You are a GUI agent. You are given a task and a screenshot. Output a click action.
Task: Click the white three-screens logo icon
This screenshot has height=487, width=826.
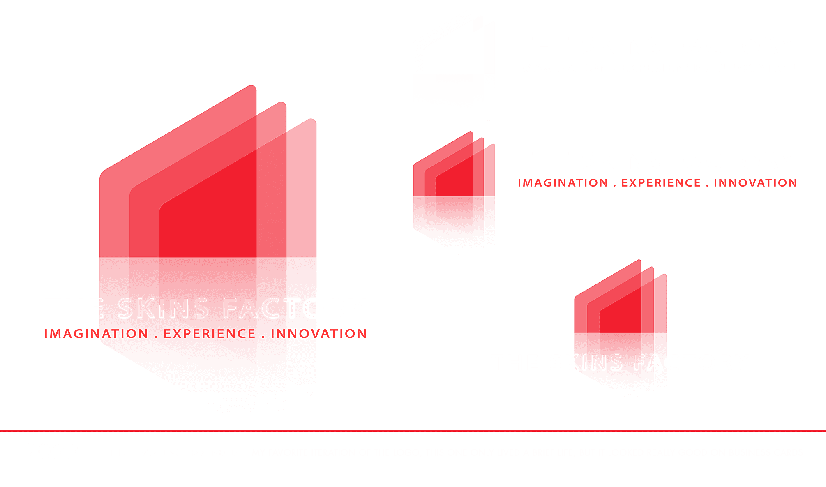click(x=454, y=68)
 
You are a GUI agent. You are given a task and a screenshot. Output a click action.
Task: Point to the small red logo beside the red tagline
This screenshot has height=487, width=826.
click(x=454, y=189)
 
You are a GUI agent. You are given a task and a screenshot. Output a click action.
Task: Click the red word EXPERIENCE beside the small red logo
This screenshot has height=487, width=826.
click(x=661, y=183)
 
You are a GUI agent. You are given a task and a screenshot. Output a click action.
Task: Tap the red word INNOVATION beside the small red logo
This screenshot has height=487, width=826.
click(x=755, y=183)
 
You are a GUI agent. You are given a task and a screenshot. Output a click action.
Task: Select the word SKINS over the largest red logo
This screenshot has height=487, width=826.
click(x=163, y=309)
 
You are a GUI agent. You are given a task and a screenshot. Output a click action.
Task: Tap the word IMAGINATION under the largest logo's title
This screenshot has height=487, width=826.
click(x=96, y=334)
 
